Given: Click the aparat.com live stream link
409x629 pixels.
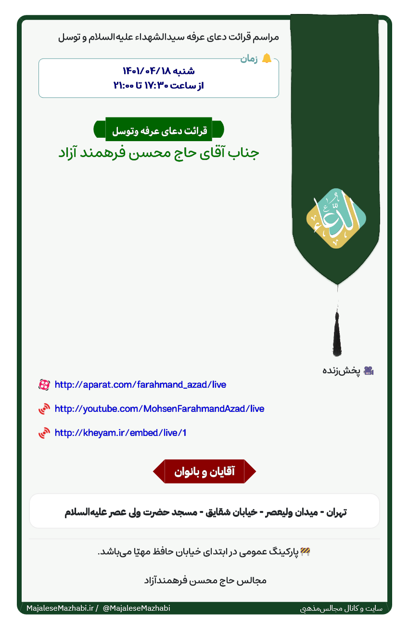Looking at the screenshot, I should (x=140, y=385).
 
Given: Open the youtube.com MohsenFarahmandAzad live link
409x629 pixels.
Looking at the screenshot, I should (x=159, y=409).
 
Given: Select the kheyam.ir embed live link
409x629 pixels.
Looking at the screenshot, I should (x=120, y=432).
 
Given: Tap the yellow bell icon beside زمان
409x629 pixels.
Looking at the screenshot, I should (x=267, y=59).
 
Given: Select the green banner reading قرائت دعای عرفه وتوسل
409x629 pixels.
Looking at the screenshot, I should (x=159, y=130).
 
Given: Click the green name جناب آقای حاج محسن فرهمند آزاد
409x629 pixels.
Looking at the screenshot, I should (x=159, y=153).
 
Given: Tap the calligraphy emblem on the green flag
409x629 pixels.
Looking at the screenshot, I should (x=336, y=219).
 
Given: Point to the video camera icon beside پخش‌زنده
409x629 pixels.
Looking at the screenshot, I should (x=369, y=370).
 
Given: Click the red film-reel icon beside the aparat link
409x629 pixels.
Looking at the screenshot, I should (x=44, y=385).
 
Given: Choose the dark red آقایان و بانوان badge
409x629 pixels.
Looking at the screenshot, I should (x=204, y=472).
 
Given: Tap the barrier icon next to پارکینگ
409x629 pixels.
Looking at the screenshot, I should (x=305, y=552).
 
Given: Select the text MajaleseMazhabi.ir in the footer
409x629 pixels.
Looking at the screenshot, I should (x=60, y=608).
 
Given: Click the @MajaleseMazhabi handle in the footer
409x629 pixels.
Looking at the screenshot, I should (x=136, y=608).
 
